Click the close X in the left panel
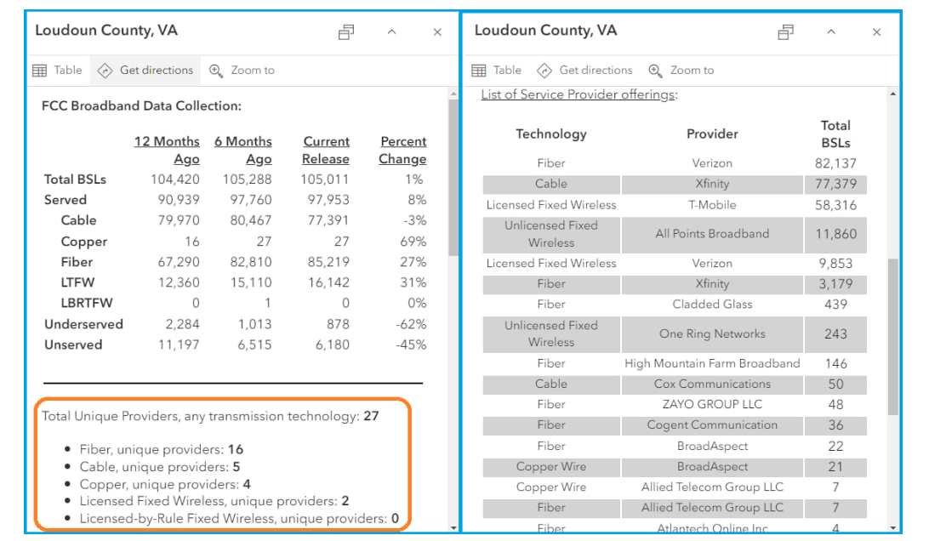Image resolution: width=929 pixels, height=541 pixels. coord(437,32)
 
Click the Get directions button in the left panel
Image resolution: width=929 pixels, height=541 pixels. coord(145,70)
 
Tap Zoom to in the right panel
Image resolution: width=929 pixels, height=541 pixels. coord(681,70)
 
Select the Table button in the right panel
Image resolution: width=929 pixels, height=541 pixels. coord(497,70)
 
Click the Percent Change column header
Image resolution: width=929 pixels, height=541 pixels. coord(403,150)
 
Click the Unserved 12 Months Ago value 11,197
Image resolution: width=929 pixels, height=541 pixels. coord(179,345)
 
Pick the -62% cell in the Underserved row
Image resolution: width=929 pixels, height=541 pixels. coord(411,324)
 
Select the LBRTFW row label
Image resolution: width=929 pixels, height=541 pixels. coord(87,303)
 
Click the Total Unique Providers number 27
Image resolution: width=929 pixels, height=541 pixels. coord(372,416)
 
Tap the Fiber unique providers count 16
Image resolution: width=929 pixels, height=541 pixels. coord(236,449)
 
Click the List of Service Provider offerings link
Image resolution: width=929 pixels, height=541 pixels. coord(578,94)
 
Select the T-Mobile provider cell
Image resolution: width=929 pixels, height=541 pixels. coord(712,205)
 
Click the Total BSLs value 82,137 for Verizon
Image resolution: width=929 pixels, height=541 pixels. coord(835,163)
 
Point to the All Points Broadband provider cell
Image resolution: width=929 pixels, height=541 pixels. coord(712,233)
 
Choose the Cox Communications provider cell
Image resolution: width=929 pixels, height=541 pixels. coord(712,384)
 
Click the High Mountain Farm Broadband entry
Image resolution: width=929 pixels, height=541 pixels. coord(712,363)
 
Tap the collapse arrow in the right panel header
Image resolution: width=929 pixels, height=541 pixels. coord(831,32)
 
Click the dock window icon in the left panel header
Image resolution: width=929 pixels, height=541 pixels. coord(346,32)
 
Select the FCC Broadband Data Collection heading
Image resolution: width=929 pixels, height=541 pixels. coord(141,106)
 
